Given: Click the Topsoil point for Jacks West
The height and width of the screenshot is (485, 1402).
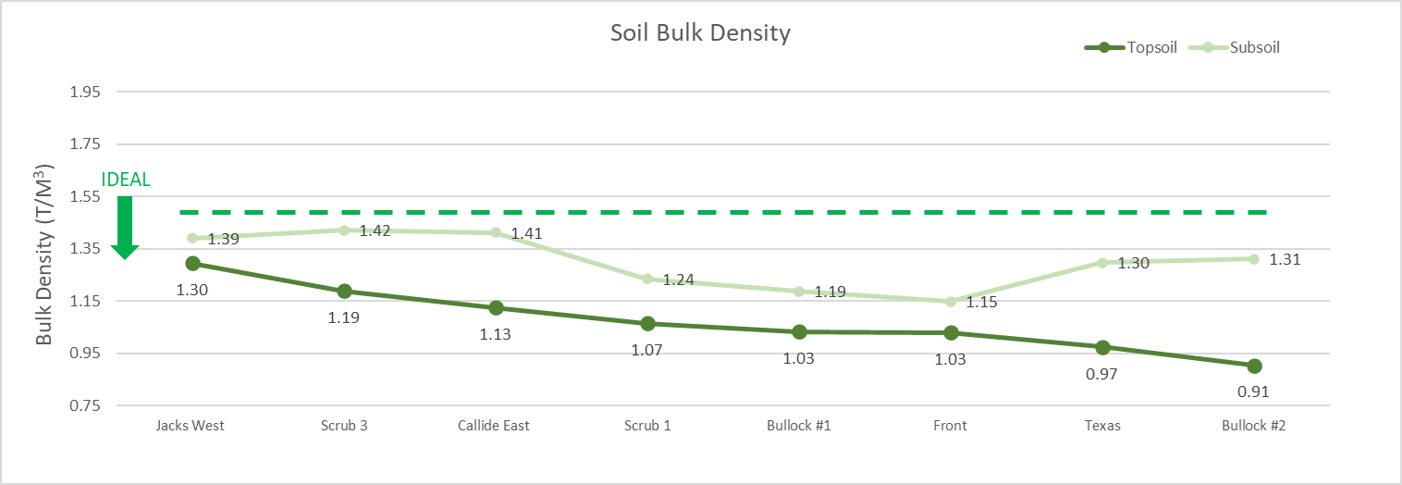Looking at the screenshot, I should [x=192, y=264].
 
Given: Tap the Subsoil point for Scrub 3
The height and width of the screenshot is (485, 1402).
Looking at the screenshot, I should [x=344, y=230].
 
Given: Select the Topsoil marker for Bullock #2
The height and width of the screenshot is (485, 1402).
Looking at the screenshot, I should [x=1254, y=366].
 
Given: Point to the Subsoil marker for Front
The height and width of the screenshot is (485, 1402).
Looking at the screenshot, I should [x=951, y=302].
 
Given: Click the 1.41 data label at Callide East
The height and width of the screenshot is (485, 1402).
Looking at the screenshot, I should [x=526, y=234].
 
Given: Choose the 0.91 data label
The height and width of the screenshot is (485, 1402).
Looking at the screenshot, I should [x=1254, y=392].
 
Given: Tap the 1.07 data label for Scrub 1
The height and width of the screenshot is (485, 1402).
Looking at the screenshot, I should [x=647, y=350].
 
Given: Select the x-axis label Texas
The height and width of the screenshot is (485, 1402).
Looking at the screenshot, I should [x=1102, y=426].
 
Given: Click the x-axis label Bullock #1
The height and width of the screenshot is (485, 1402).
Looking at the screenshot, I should [x=799, y=426].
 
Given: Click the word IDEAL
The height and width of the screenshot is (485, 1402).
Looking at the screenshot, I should [x=126, y=180].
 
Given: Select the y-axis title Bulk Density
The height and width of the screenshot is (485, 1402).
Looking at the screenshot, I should [x=44, y=255].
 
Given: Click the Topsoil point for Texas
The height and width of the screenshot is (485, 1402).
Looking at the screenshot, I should [x=1102, y=348].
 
